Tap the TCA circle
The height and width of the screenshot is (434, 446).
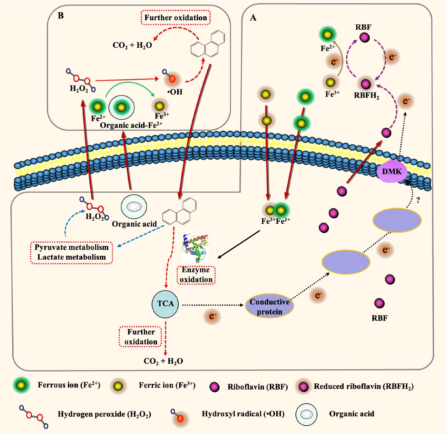165,303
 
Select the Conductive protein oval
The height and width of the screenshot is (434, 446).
270,307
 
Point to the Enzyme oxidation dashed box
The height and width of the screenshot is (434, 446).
196,275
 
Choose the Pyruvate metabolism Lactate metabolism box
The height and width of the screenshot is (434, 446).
72,252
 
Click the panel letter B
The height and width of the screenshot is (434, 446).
60,15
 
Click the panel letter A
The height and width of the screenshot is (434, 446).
253,18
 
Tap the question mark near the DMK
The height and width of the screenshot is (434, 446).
418,200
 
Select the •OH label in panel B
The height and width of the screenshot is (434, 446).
175,92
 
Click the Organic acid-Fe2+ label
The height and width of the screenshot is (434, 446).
131,125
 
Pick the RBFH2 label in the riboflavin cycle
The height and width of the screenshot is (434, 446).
366,95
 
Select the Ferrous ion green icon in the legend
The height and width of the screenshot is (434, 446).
22,385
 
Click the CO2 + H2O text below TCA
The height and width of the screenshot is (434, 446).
163,361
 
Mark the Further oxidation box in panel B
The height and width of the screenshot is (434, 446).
176,17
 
